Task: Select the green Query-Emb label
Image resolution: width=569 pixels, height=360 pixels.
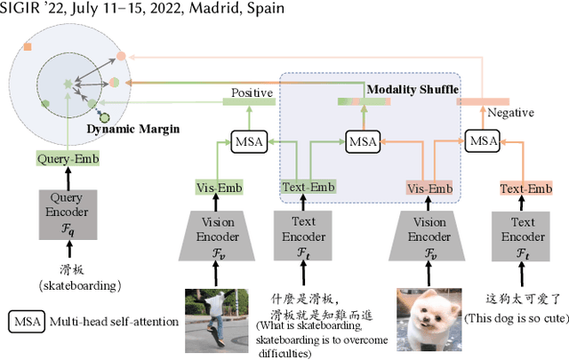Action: click(x=68, y=159)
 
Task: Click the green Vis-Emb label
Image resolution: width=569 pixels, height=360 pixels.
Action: click(x=218, y=188)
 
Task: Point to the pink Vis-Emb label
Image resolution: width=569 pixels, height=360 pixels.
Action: click(x=429, y=188)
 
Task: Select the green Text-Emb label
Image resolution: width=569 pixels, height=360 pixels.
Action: click(x=309, y=188)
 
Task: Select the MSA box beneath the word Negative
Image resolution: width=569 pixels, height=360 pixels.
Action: click(x=483, y=140)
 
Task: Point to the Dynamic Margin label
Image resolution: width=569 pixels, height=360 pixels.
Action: click(x=132, y=129)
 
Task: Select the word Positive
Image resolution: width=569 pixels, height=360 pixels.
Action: click(x=252, y=92)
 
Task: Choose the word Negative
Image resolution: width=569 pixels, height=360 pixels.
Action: click(x=510, y=113)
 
